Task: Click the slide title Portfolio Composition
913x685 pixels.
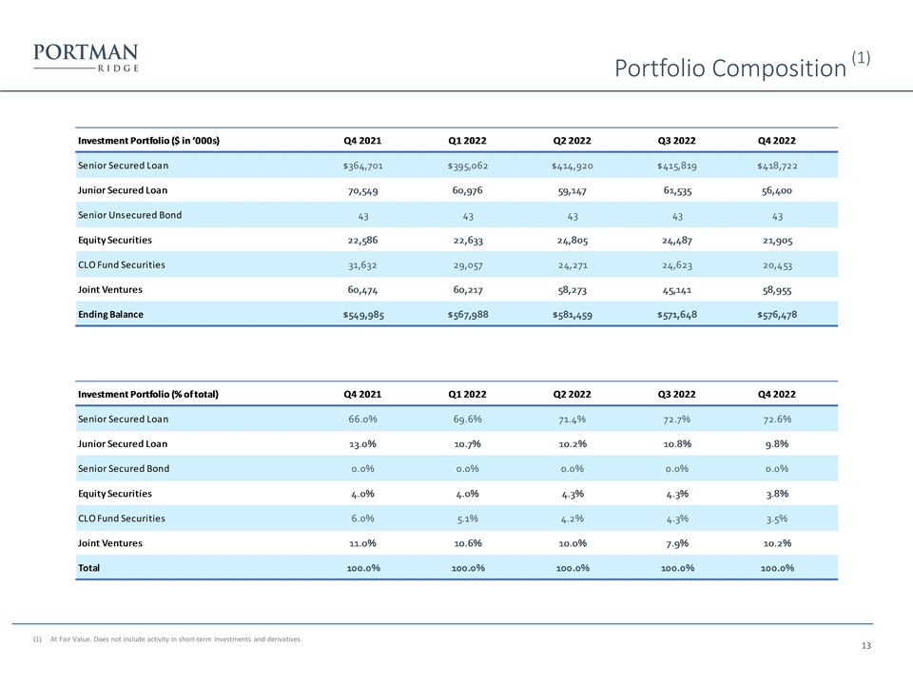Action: point(729,68)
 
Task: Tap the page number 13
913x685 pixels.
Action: point(865,647)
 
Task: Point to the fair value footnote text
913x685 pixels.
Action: point(176,639)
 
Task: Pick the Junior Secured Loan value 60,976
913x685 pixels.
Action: point(467,189)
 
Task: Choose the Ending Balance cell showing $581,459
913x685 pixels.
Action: point(572,315)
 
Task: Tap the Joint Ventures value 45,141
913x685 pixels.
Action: point(676,289)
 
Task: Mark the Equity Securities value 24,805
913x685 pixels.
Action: point(572,240)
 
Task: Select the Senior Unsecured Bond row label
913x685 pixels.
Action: point(129,215)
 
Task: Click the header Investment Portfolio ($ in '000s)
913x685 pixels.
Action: point(148,141)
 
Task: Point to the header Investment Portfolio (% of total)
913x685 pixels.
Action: point(148,394)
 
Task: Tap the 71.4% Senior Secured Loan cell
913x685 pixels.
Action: point(572,419)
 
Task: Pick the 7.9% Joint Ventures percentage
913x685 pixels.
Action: point(676,543)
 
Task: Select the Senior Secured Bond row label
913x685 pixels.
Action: point(124,469)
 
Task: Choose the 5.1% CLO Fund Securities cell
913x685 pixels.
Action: point(467,519)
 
